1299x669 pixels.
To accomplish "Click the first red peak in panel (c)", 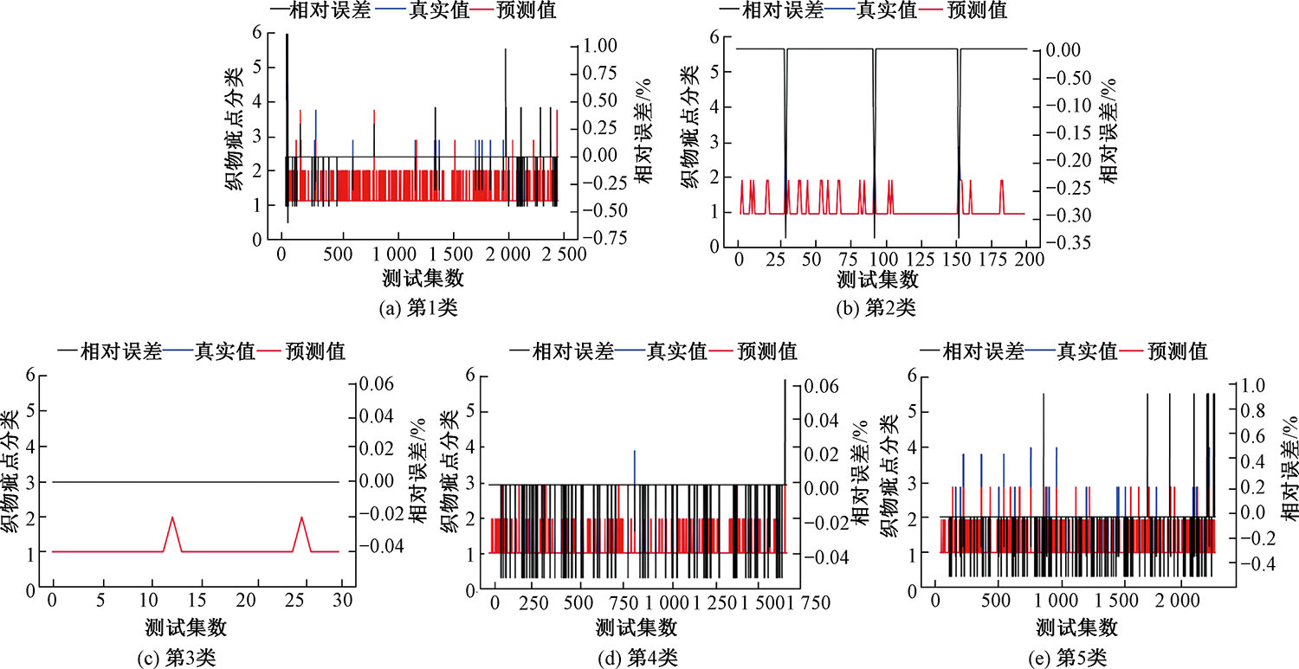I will (172, 518).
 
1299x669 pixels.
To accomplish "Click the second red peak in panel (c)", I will (301, 518).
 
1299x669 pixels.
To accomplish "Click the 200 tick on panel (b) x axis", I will (1025, 259).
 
